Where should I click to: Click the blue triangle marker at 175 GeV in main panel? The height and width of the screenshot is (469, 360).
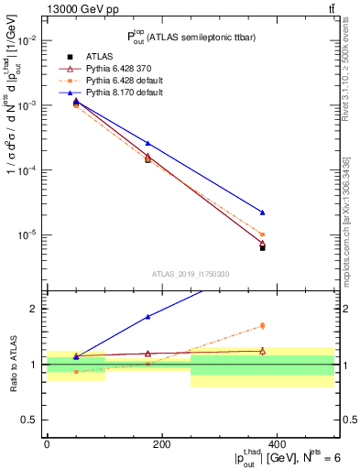click(147, 143)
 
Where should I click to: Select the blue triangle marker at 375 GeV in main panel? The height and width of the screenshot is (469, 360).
click(262, 213)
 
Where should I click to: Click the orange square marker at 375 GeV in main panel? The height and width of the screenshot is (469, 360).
click(262, 234)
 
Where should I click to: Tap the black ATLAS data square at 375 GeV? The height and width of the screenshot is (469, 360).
click(262, 247)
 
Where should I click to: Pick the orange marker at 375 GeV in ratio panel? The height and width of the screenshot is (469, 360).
click(262, 325)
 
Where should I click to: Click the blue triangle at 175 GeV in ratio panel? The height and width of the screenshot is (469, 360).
click(147, 317)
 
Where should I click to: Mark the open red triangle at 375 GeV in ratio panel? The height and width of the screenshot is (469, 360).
click(262, 350)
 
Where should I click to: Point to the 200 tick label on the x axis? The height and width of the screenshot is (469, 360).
click(161, 442)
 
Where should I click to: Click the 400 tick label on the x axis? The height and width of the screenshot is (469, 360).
click(277, 442)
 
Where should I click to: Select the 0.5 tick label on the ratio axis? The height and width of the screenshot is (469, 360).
click(33, 420)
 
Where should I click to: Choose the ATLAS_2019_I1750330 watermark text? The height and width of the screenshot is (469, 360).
click(190, 274)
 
